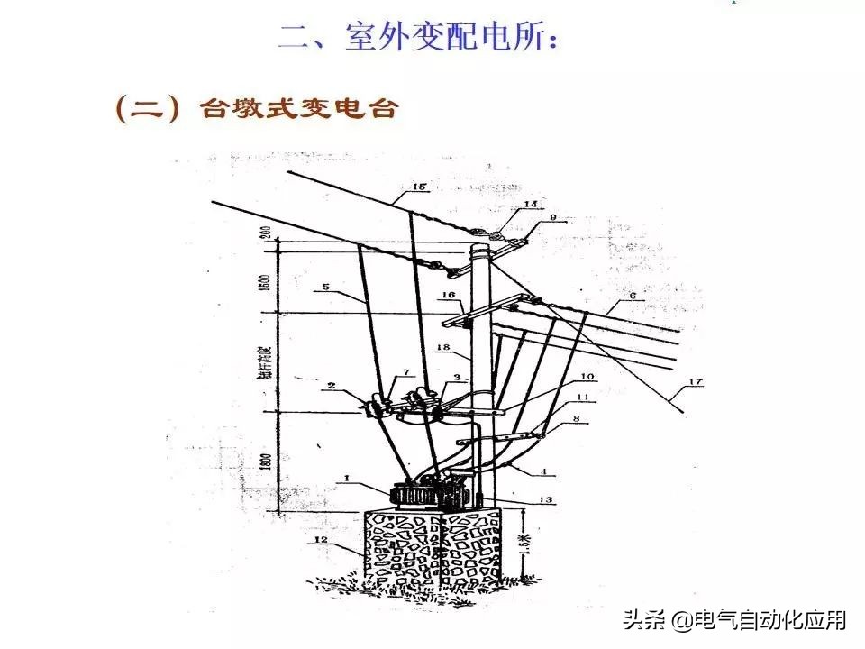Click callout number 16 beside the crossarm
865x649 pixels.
[448, 296]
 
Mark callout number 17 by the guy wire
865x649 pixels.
[694, 382]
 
